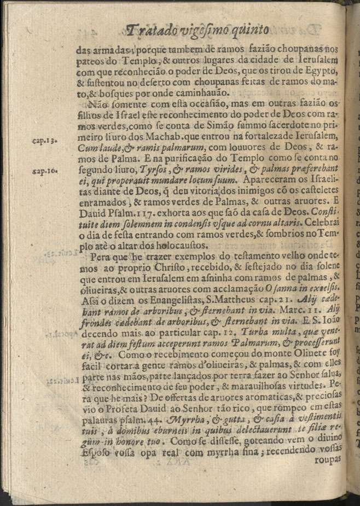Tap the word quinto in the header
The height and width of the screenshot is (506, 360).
click(x=262, y=31)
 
